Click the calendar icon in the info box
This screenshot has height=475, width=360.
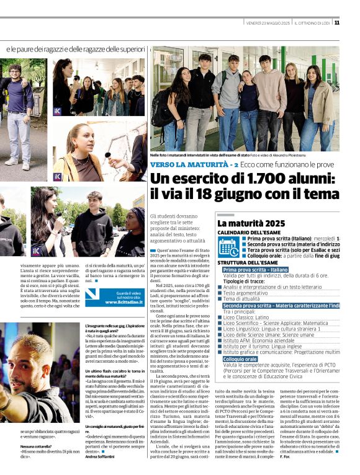[228, 247]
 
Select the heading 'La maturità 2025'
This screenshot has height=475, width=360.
[251, 223]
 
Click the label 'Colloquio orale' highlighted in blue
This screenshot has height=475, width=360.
[240, 359]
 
